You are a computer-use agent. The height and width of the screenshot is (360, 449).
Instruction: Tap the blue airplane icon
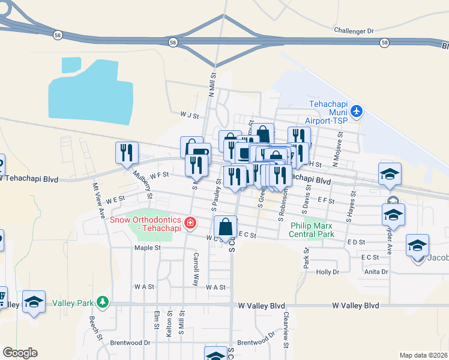point(357,111)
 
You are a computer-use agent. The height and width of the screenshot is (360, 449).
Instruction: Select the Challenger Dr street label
point(354,31)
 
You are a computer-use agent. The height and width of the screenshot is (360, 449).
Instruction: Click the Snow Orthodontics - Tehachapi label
point(146,223)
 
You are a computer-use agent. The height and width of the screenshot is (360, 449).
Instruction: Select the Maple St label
point(148,248)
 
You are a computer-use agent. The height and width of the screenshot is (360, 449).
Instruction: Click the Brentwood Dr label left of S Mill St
point(130,343)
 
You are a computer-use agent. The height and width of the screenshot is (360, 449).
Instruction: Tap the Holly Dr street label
point(328,272)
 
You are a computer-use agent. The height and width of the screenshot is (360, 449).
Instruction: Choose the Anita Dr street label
point(376,272)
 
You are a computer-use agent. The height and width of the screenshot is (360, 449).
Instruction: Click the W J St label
point(189,113)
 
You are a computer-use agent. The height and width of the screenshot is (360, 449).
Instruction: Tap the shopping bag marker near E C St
point(225,227)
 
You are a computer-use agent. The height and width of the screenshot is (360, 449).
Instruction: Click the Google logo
point(20,353)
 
